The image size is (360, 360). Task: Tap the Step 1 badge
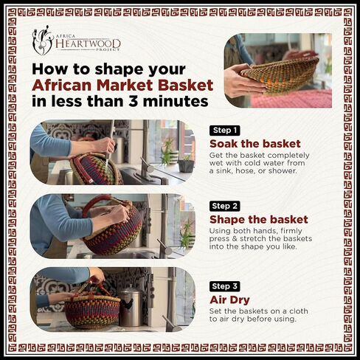coord(224,130)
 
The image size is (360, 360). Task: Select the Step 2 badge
coord(224,206)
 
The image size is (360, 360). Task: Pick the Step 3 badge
coord(224,285)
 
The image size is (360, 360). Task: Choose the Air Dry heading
coord(231,300)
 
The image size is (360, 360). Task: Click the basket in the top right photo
coord(280,73)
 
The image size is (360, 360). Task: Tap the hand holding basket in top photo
coord(239,81)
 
